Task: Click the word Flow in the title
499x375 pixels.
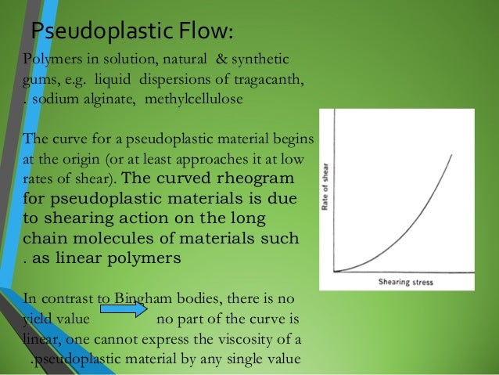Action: [201, 31]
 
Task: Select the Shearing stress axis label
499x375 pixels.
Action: [405, 282]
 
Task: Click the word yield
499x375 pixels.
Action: [37, 319]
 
